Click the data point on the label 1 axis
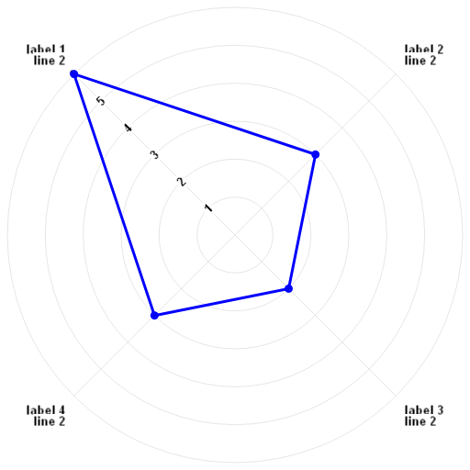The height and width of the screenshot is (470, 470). [x=74, y=74]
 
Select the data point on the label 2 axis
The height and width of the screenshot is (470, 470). [x=316, y=154]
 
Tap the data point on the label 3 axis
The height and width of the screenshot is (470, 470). [x=288, y=288]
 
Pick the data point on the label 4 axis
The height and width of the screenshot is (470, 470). [x=154, y=316]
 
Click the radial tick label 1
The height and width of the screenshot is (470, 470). [x=208, y=207]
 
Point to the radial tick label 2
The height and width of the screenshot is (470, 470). [x=182, y=182]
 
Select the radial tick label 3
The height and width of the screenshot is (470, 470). [x=155, y=154]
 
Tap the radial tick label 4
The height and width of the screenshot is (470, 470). [x=128, y=128]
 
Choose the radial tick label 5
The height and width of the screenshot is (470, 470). [x=101, y=101]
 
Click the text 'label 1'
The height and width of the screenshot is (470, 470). [x=46, y=49]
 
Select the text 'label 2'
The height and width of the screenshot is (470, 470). [x=424, y=49]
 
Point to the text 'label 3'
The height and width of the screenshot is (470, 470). [x=424, y=409]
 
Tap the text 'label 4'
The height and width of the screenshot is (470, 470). [x=46, y=409]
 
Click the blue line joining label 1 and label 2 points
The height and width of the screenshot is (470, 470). [x=195, y=114]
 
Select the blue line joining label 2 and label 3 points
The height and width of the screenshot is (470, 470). [x=302, y=221]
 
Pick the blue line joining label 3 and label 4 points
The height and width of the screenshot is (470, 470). [x=221, y=302]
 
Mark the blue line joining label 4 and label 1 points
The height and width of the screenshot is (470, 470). [x=114, y=195]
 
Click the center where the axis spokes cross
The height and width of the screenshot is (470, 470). [x=235, y=235]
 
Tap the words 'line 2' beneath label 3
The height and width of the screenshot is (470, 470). [x=420, y=421]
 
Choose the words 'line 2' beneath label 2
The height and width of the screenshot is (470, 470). [x=420, y=61]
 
